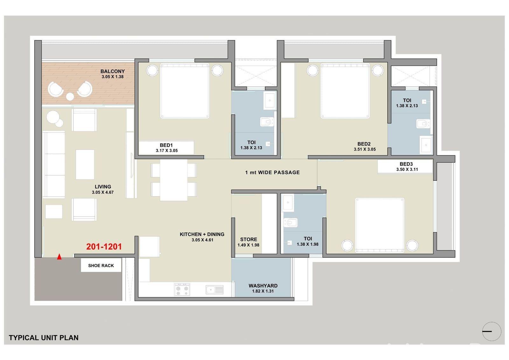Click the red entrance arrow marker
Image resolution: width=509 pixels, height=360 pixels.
(59, 257)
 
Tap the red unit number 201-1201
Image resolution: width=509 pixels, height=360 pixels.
(104, 247)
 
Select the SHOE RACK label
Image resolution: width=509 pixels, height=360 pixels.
(101, 265)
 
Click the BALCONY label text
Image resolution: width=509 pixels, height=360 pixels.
(113, 71)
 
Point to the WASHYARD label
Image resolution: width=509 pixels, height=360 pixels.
(263, 286)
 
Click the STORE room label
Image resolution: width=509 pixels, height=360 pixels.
(248, 239)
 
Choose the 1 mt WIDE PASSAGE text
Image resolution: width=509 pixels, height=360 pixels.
(272, 173)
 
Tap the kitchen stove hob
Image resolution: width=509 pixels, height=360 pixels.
(182, 290)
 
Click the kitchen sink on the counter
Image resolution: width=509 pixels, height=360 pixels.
(215, 290)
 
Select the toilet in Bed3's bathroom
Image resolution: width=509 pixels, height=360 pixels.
(290, 222)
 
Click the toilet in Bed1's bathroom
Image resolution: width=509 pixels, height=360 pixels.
(267, 122)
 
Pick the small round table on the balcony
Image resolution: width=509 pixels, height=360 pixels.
(70, 96)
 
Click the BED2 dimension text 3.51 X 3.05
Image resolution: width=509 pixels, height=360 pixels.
(365, 149)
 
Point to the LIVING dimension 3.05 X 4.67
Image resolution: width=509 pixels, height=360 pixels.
(103, 192)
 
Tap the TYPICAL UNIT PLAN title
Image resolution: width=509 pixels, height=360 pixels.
(44, 338)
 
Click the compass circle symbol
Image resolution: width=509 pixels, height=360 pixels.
(492, 331)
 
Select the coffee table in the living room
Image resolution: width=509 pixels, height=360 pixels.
(85, 165)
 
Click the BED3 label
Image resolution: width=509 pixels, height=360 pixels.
(406, 164)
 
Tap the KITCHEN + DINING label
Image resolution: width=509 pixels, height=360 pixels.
(202, 234)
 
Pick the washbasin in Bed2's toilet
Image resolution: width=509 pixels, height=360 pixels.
(426, 145)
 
